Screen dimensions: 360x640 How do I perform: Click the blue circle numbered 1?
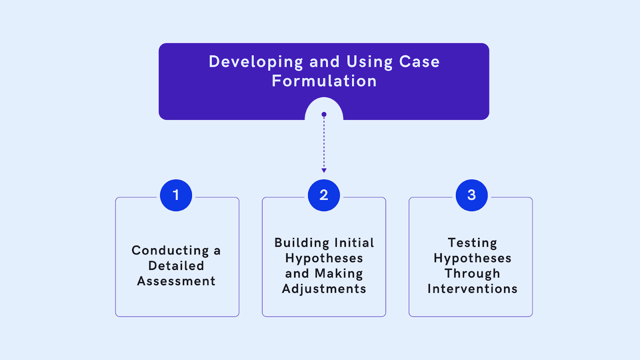176,195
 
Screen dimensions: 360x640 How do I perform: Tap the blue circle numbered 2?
324,195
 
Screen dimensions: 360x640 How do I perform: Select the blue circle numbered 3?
472,195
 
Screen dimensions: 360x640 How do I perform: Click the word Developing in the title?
256,62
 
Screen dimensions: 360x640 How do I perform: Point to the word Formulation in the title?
324,81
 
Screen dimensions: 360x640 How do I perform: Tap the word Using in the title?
370,62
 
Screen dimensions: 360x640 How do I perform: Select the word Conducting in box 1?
170,251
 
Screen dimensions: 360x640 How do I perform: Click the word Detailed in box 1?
176,266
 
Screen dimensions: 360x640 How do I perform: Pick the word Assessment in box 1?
176,281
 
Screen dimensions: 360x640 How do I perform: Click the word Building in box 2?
302,243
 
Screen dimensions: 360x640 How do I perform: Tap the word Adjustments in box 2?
324,289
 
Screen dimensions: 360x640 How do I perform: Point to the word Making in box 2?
339,274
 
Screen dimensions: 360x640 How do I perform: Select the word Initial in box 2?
354,243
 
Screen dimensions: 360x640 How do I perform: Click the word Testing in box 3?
472,243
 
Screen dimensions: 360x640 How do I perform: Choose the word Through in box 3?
472,274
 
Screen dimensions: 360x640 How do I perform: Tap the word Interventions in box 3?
472,289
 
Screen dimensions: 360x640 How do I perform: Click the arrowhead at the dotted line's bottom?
324,170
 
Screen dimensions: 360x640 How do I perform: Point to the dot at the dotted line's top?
324,114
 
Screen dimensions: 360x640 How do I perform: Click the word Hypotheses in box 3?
472,258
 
